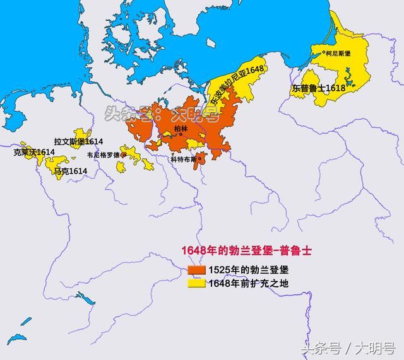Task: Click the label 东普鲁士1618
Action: tap(318, 89)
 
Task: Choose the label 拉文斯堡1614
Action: tap(78, 142)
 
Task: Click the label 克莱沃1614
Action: tap(33, 152)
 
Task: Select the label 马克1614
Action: tap(70, 171)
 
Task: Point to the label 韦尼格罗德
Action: tap(104, 154)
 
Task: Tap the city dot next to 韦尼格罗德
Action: tap(124, 154)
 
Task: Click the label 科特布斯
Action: tap(183, 160)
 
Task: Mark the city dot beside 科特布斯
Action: tap(199, 159)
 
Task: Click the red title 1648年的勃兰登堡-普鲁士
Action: tap(246, 250)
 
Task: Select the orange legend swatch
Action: tap(197, 270)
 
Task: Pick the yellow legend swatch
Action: tap(197, 283)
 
